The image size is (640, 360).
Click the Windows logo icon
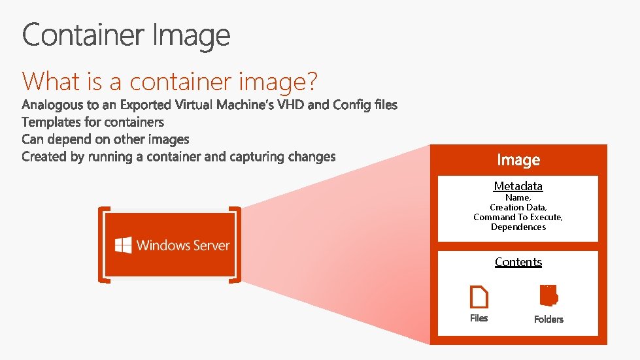[x=123, y=246]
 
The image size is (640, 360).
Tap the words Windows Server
[x=183, y=246]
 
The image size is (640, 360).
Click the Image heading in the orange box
[x=518, y=160]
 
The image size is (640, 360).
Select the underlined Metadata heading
[x=518, y=186]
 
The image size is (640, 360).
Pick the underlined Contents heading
[x=518, y=262]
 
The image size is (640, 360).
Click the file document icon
[x=479, y=298]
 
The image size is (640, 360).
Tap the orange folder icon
[x=548, y=295]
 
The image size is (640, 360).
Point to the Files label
[x=479, y=318]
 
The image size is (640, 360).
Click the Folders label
[x=548, y=319]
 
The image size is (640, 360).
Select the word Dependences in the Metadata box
[x=518, y=227]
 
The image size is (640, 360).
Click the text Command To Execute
[x=518, y=217]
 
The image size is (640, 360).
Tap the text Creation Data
[x=518, y=207]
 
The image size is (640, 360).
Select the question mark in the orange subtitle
[x=311, y=82]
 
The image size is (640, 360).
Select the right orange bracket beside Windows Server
[x=236, y=245]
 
